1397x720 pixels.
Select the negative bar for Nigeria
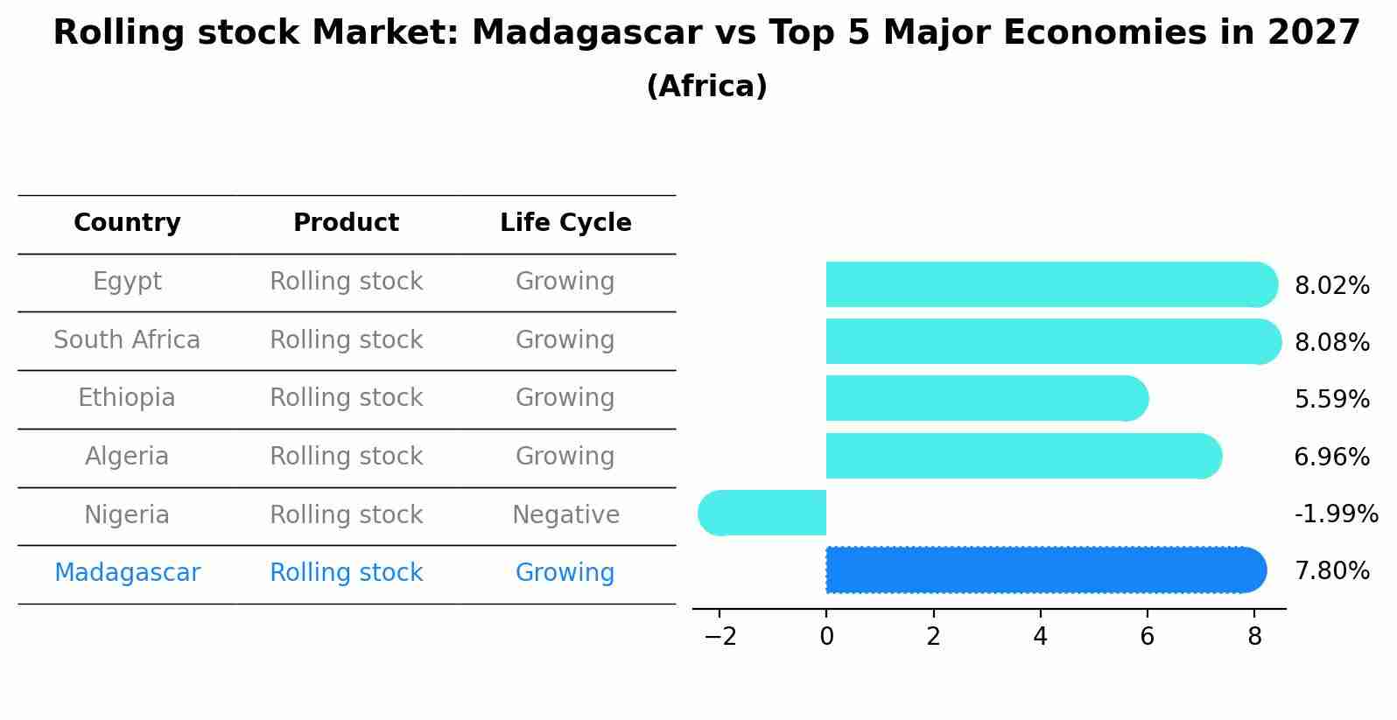(762, 513)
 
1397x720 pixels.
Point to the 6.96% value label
(1331, 457)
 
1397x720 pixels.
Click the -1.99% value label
(1336, 514)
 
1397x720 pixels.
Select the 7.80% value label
(1331, 571)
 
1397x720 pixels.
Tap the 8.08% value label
(1331, 342)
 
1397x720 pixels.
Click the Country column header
(127, 223)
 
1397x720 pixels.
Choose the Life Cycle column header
(565, 223)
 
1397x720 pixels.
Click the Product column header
(346, 223)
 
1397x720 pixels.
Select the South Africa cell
(127, 339)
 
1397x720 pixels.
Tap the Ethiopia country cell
(127, 398)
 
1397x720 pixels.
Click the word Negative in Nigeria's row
(565, 514)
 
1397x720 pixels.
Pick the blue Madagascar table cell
(127, 573)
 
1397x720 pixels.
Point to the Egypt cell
(127, 282)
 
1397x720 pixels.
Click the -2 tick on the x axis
(720, 637)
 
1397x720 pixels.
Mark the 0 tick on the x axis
(826, 637)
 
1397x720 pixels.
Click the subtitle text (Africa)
(706, 87)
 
